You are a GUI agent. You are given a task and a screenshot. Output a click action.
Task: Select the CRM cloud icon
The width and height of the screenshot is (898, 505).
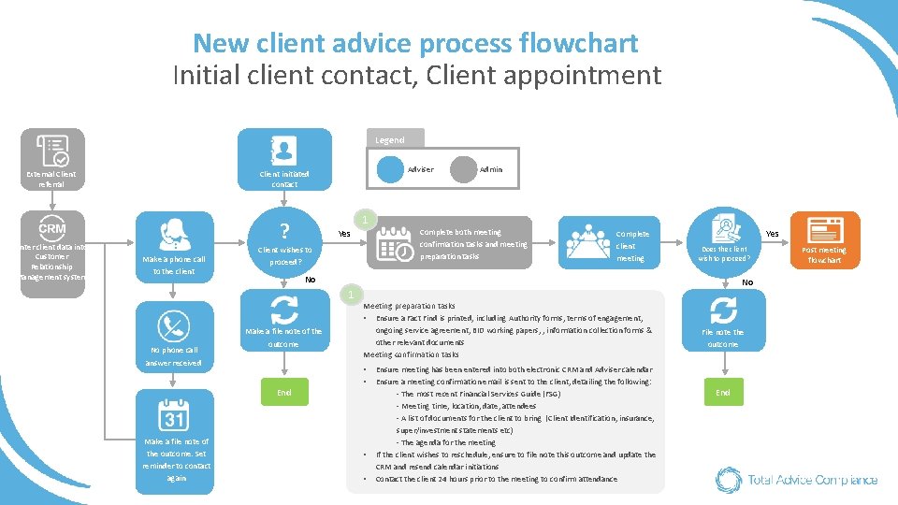[x=52, y=227]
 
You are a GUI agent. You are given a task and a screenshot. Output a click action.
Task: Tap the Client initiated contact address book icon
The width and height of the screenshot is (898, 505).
[x=283, y=150]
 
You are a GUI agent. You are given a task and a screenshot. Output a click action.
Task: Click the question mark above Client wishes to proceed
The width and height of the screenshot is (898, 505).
[x=283, y=229]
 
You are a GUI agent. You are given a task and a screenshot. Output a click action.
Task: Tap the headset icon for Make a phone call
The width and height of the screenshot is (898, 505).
[x=174, y=232]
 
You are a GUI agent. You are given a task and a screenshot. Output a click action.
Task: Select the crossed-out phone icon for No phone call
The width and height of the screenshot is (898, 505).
[x=174, y=325]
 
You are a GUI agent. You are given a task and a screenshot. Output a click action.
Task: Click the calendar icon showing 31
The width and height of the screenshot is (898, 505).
[x=174, y=412]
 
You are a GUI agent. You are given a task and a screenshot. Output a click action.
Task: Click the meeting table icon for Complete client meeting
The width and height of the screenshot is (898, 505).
[x=587, y=241]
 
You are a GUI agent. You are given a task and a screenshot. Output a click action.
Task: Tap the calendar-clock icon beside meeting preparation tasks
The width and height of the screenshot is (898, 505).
[x=394, y=244]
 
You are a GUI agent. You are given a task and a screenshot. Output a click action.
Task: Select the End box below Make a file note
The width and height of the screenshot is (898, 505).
[x=283, y=393]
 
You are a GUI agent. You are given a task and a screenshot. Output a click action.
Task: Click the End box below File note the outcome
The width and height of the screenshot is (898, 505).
[x=723, y=392]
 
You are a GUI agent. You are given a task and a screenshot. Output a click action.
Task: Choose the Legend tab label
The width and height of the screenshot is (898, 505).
[x=390, y=139]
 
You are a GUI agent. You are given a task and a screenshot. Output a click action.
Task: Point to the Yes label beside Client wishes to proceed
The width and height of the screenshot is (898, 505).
[x=343, y=234]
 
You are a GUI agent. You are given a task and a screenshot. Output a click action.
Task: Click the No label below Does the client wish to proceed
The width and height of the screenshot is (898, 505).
[x=747, y=281]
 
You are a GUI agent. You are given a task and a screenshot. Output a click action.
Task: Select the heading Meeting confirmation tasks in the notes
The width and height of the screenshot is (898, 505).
[x=411, y=354]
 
